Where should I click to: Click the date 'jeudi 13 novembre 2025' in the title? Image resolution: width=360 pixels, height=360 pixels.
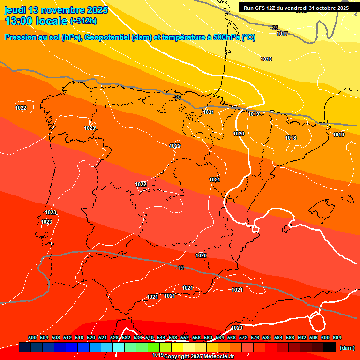tap(56, 10)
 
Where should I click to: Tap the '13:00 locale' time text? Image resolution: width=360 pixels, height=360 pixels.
tap(36, 21)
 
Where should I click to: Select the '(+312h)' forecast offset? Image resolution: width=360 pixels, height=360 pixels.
tap(83, 21)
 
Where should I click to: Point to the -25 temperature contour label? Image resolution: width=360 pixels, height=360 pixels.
tap(274, 28)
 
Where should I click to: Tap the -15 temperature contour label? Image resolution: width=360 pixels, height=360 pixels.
tap(180, 268)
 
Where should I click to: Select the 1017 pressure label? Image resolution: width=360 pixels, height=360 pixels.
tap(282, 34)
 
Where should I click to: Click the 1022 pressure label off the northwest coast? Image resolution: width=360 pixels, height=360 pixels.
tap(21, 108)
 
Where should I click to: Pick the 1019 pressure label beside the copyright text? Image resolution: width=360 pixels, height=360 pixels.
tap(158, 355)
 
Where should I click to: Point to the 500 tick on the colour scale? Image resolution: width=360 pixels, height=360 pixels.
tap(32, 337)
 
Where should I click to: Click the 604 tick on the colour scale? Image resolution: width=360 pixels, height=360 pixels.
tap(337, 337)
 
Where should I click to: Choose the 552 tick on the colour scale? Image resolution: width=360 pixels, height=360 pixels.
tap(185, 337)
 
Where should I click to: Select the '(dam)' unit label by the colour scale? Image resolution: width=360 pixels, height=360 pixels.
tap(347, 347)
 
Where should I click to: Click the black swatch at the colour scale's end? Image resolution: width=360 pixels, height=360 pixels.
tap(330, 347)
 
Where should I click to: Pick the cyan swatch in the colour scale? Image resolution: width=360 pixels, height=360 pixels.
tap(119, 347)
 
